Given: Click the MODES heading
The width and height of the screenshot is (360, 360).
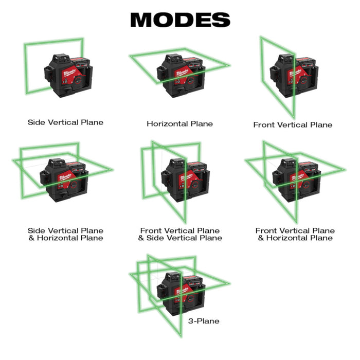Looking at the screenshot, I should pyautogui.click(x=179, y=20).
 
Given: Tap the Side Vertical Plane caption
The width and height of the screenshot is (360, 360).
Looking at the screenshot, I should pyautogui.click(x=65, y=122).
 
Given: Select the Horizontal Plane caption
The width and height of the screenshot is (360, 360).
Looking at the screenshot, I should pyautogui.click(x=179, y=124).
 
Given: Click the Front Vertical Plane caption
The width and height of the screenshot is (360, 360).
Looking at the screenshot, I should pyautogui.click(x=293, y=125).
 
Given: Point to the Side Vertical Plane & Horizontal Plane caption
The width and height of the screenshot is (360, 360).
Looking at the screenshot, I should pyautogui.click(x=65, y=235).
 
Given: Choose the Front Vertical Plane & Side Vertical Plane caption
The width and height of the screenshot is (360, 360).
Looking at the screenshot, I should pyautogui.click(x=180, y=235).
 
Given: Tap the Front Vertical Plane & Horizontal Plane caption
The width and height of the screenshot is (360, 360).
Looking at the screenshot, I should pyautogui.click(x=295, y=235).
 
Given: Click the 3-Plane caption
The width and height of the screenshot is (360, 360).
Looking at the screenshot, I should pyautogui.click(x=204, y=321).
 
